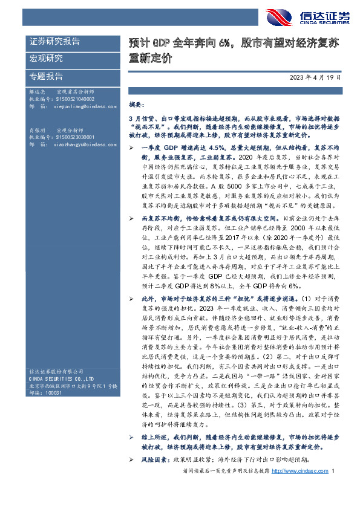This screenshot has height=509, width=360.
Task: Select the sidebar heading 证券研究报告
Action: pos(55,42)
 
